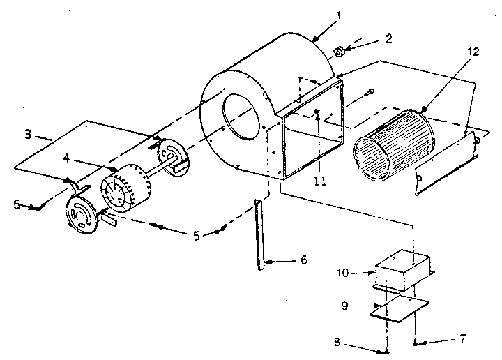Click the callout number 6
click(x=303, y=261)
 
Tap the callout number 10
click(x=356, y=273)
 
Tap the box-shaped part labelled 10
click(x=404, y=273)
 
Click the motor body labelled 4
click(x=125, y=188)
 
